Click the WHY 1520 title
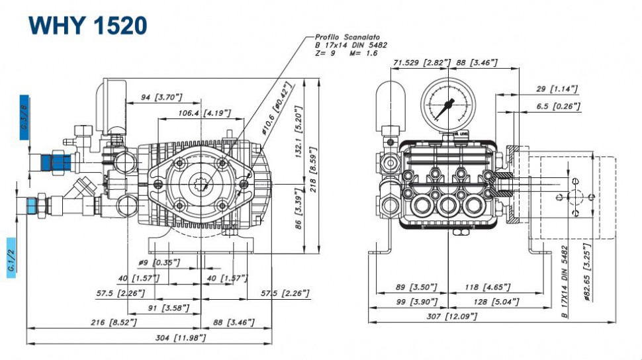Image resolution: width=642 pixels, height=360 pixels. tap(88, 26)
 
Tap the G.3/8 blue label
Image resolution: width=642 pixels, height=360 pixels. tap(24, 116)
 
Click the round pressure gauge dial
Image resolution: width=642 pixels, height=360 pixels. tap(447, 104)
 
